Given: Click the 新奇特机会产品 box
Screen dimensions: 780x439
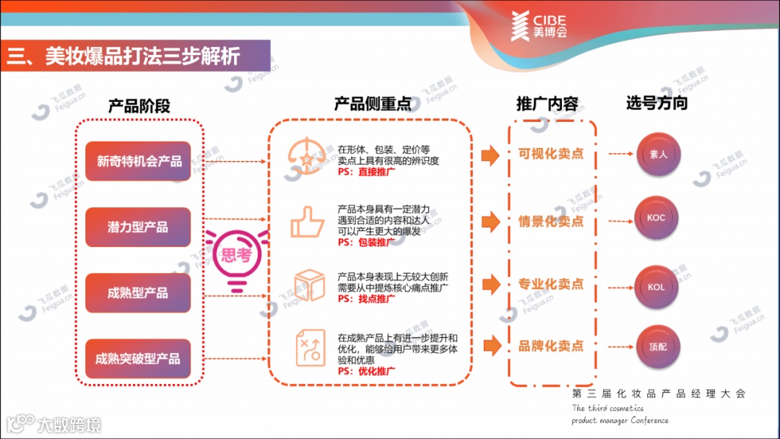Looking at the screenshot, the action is tap(138, 161).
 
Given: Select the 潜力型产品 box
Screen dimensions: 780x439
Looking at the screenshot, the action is tap(138, 227).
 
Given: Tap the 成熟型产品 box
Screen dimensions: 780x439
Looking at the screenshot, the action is tap(138, 293).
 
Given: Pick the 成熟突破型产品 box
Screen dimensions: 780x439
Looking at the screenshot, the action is tap(138, 359).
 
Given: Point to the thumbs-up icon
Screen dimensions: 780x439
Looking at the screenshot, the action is tap(307, 222).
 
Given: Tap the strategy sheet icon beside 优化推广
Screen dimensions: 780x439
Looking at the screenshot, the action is tap(307, 349).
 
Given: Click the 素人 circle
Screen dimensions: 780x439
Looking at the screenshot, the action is tap(657, 155).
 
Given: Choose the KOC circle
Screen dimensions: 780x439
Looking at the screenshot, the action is tap(656, 218).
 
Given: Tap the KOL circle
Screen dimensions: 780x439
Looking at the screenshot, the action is tap(656, 287).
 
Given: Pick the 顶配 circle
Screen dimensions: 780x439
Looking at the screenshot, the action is tap(657, 347).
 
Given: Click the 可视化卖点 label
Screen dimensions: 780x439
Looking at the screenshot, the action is tap(551, 154).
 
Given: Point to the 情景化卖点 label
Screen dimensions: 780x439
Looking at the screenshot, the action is tap(551, 221).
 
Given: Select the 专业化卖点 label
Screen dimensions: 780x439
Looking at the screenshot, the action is tap(551, 284).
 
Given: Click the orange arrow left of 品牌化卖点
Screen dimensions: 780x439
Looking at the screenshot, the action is tap(492, 346).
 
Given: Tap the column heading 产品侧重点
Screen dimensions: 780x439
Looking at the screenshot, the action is tap(373, 104).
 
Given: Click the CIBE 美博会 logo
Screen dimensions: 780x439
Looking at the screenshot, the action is tap(539, 25).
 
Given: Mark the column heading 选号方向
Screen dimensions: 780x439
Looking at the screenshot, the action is tap(656, 103).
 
